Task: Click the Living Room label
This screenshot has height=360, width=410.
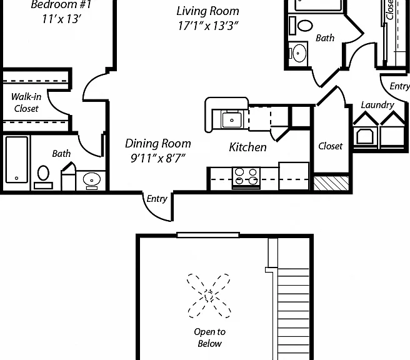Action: [x=208, y=11]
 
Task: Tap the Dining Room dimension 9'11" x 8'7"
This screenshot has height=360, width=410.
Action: [x=158, y=158]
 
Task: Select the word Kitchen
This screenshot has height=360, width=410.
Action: [x=247, y=147]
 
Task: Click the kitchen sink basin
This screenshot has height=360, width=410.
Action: [x=232, y=120]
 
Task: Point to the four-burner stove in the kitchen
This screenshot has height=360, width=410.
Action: [x=246, y=177]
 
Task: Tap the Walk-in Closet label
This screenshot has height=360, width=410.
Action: [x=26, y=102]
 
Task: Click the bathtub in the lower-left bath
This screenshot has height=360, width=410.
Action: [x=17, y=159]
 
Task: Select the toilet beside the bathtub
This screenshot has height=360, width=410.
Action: [x=43, y=176]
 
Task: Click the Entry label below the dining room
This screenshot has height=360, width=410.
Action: [x=157, y=199]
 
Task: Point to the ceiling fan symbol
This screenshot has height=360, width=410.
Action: [x=209, y=296]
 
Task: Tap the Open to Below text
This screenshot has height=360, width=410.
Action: [x=210, y=337]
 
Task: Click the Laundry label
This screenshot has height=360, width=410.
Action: [x=377, y=105]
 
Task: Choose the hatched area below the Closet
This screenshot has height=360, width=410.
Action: [x=331, y=183]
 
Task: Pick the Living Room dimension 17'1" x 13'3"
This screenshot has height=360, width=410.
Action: [x=208, y=26]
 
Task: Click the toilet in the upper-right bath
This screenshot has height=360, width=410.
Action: [x=301, y=26]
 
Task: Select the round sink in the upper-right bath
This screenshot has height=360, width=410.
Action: [x=298, y=53]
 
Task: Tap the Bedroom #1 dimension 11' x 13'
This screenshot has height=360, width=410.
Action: [x=62, y=19]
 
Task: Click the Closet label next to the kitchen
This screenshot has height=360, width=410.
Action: [x=330, y=146]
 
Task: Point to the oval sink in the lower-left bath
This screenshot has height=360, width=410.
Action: [x=92, y=180]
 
